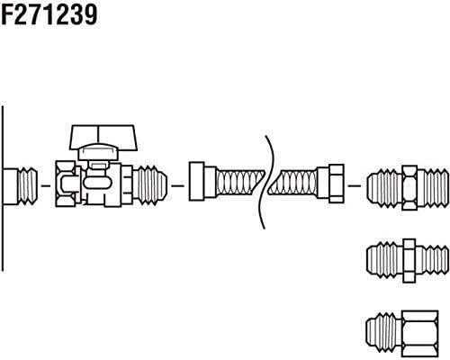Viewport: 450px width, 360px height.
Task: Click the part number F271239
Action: [x=49, y=15]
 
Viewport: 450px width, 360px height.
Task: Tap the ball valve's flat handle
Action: [x=103, y=137]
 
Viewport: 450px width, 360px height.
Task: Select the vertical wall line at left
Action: [x=3, y=188]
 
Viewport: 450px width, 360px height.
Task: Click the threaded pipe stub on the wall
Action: [x=21, y=186]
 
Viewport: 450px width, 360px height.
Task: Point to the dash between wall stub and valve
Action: [x=46, y=186]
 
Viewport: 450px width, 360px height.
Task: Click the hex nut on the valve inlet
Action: [x=67, y=184]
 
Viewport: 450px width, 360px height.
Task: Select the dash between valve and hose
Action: [x=177, y=186]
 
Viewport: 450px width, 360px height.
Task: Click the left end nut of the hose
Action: [x=202, y=182]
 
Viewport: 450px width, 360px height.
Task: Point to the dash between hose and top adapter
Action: [x=355, y=186]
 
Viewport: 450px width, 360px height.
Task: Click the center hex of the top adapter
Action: [x=409, y=187]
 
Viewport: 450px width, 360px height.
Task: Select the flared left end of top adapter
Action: [x=384, y=188]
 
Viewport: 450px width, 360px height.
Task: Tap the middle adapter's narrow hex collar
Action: [x=409, y=260]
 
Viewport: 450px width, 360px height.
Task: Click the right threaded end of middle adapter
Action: [x=432, y=260]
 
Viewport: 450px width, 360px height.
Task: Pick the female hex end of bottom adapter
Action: [x=419, y=334]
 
